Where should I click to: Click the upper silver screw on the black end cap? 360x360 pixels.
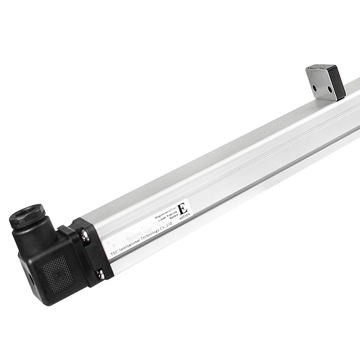(84, 234)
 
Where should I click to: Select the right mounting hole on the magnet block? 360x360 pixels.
(330, 89)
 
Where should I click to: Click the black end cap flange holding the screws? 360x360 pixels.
(92, 252)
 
